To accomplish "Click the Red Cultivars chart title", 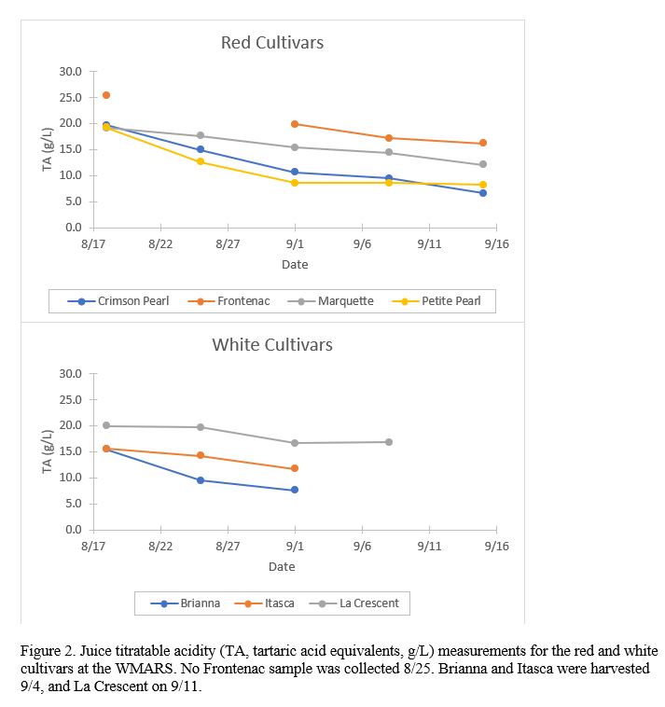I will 271,43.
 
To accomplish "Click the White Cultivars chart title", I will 271,345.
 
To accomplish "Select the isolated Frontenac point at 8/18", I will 106,95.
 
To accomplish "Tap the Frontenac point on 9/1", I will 295,124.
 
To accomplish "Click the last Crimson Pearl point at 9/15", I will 483,193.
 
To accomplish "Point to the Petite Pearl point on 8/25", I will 201,161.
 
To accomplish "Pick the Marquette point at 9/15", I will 483,164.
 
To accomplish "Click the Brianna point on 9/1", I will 295,490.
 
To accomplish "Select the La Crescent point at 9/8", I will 389,442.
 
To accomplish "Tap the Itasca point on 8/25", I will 201,456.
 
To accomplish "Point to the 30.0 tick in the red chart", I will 71,72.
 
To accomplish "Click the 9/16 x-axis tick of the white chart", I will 496,547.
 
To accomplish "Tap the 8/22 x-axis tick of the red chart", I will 160,244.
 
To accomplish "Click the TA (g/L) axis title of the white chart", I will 48,451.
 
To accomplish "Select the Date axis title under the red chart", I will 295,265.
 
